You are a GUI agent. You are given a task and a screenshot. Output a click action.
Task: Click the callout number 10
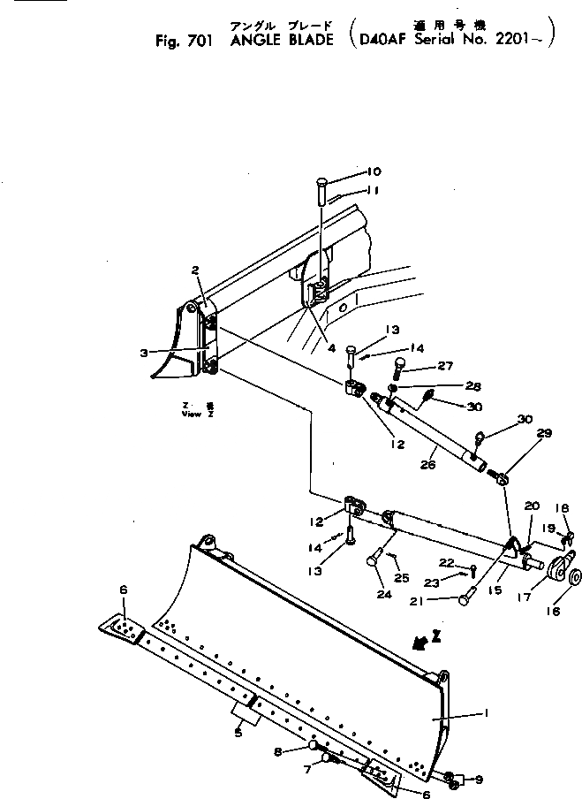pyautogui.click(x=374, y=171)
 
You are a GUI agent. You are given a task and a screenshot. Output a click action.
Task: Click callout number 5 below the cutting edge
pyautogui.click(x=239, y=731)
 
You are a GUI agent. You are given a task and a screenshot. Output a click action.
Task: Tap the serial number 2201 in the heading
pyautogui.click(x=525, y=40)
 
